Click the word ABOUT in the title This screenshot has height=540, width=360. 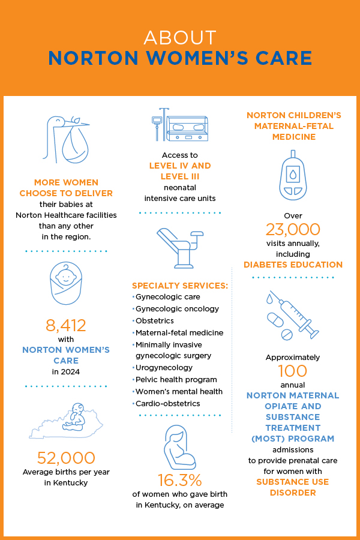click(179, 38)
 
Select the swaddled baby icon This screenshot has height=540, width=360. click(65, 284)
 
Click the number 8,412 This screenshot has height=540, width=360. click(66, 325)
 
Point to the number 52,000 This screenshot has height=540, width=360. click(66, 458)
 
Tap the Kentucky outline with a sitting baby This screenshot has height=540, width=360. click(66, 420)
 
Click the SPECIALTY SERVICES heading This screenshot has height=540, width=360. click(180, 285)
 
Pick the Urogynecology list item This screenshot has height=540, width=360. click(164, 368)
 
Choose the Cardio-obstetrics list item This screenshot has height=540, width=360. click(168, 403)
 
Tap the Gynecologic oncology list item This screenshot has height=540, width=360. click(177, 308)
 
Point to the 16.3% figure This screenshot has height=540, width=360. click(180, 480)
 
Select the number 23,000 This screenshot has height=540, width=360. click(293, 229)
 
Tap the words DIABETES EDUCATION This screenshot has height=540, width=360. click(293, 265)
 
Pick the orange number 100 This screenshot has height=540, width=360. click(293, 371)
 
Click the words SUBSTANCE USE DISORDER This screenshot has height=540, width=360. click(293, 487)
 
